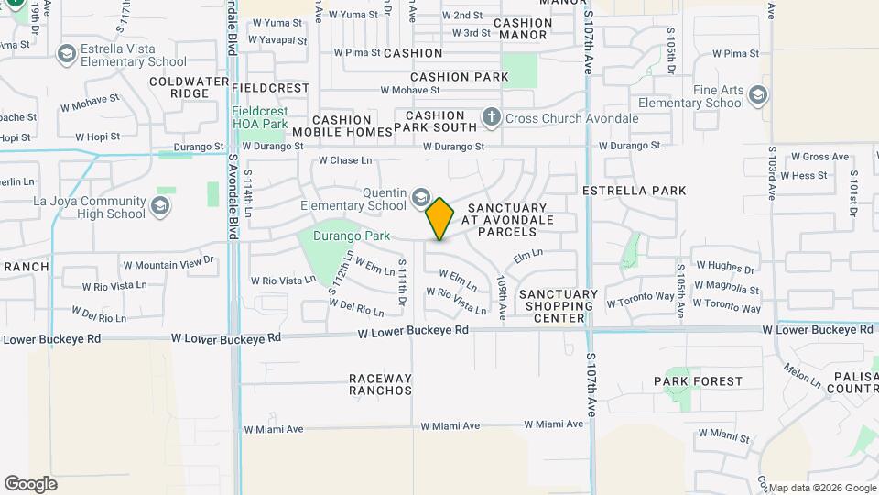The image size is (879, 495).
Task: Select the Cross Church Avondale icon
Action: click(x=492, y=117)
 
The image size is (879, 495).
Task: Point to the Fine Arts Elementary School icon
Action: click(x=757, y=95)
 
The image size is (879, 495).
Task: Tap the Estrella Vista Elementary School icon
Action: click(x=65, y=55)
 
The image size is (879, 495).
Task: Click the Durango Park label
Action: click(x=352, y=236)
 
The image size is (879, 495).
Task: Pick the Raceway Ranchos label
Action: click(x=380, y=384)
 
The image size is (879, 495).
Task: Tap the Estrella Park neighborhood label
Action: click(x=635, y=191)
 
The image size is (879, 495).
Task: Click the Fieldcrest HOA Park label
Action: click(x=260, y=117)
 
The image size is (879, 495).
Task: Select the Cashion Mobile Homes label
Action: click(x=342, y=126)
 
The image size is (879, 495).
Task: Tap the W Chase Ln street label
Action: click(x=345, y=161)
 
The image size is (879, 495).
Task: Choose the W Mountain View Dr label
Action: click(x=168, y=265)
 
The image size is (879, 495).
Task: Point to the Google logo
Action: click(x=30, y=483)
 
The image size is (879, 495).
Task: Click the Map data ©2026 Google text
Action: click(x=820, y=488)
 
